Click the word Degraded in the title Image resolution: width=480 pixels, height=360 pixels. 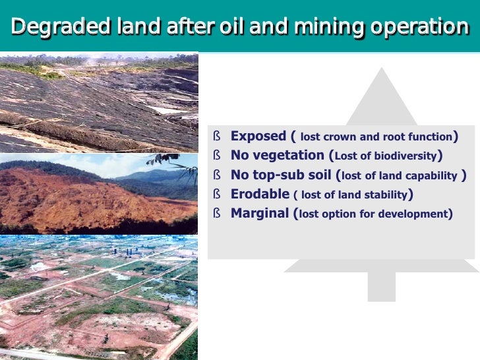click(x=49, y=27)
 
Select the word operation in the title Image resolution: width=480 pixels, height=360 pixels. click(x=419, y=27)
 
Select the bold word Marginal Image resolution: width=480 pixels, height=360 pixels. click(x=259, y=213)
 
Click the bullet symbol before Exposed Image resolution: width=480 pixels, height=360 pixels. click(x=216, y=136)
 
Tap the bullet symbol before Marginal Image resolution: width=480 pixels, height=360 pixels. click(x=216, y=213)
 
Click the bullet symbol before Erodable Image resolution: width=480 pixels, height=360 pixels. click(x=216, y=194)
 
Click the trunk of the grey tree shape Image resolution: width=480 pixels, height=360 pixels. click(x=381, y=286)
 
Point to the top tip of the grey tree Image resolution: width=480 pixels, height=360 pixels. click(x=381, y=69)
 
